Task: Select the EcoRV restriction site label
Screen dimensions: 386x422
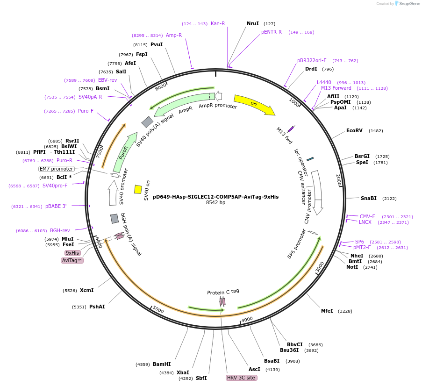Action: point(354,131)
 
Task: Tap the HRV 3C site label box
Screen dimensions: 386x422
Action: point(241,378)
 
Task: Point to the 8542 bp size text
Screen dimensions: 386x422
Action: point(215,203)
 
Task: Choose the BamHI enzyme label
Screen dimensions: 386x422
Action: point(162,364)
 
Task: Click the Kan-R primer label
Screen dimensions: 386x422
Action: point(218,23)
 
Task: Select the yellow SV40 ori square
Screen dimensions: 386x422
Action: point(138,189)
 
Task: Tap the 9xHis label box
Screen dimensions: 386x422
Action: point(72,253)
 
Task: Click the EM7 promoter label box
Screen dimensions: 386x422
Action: point(57,169)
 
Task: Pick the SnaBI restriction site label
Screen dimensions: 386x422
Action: point(368,199)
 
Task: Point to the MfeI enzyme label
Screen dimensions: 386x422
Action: point(327,311)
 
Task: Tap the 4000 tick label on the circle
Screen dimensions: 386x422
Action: point(247,319)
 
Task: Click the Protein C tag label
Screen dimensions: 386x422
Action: point(223,292)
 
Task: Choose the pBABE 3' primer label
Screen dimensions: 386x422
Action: point(56,206)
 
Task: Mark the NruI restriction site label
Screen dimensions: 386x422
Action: point(253,23)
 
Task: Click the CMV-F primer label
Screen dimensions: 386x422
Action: point(367,216)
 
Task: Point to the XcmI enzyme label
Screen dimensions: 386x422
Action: point(86,290)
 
